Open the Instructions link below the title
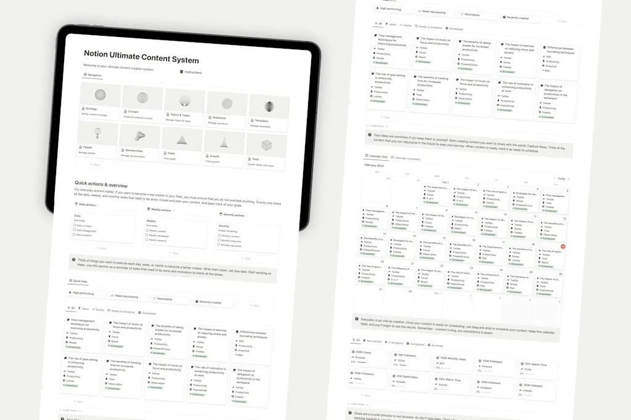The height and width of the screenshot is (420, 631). [x=193, y=72]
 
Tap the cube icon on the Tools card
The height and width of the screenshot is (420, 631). [x=266, y=145]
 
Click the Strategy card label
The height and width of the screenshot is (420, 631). [x=91, y=109]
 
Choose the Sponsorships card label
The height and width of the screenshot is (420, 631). [x=134, y=150]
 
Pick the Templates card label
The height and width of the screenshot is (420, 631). [x=261, y=121]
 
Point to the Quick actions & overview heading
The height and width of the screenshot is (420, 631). [x=100, y=183]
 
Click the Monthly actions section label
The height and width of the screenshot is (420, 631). [x=233, y=215]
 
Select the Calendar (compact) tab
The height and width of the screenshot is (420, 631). [x=409, y=158]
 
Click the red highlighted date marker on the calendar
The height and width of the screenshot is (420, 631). [x=562, y=246]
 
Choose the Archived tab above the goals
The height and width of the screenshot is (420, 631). [x=437, y=345]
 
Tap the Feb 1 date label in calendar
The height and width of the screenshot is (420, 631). [x=445, y=182]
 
